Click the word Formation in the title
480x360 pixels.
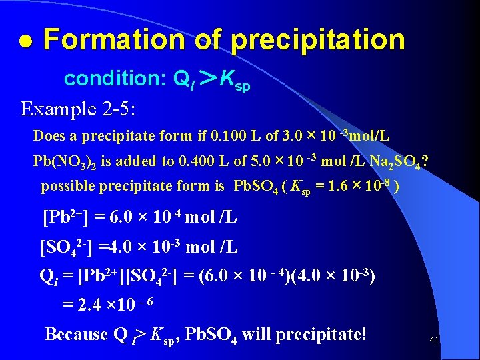113,40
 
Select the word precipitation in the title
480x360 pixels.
318,41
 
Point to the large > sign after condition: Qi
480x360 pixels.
207,79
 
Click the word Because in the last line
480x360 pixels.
75,333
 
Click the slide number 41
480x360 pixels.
434,340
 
